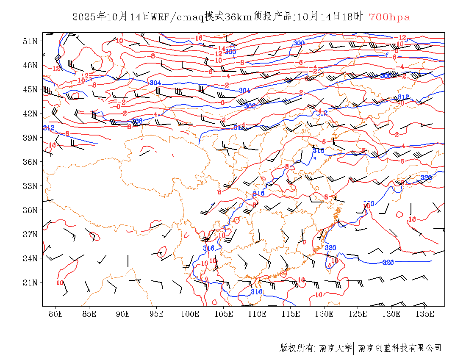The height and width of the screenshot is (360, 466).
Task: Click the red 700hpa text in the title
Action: (x=389, y=17)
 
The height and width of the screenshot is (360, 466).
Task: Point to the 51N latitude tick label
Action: (x=30, y=41)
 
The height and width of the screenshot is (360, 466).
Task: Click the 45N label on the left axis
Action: (x=30, y=89)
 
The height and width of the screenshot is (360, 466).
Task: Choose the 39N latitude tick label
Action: (x=30, y=138)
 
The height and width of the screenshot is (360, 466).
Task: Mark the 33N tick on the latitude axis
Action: (x=30, y=186)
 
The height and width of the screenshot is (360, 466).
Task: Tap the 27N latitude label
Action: (x=30, y=234)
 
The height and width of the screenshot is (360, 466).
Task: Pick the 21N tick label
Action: (x=30, y=282)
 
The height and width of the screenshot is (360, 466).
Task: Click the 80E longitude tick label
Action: (x=56, y=314)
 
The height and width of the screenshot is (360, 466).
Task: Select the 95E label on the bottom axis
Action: (x=157, y=314)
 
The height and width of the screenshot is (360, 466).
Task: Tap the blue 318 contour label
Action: (x=318, y=150)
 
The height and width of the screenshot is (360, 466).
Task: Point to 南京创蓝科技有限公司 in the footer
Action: (x=399, y=348)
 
